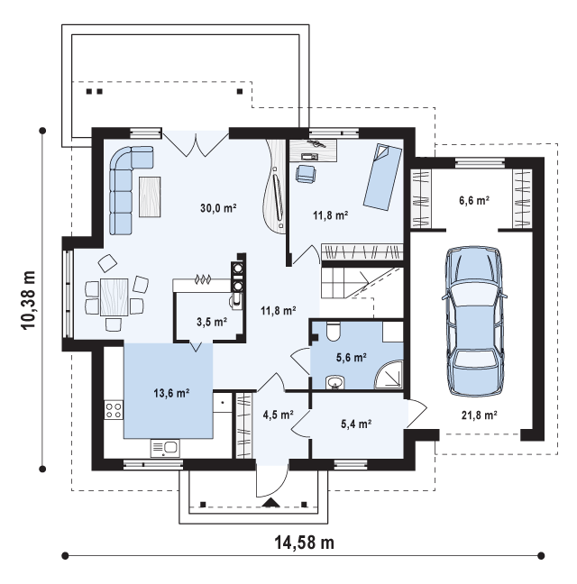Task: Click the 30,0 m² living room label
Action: pos(218,208)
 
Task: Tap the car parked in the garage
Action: pos(474,321)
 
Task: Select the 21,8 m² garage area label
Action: pos(480,415)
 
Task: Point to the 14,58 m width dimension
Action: pos(305,543)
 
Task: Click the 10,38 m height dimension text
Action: pos(28,300)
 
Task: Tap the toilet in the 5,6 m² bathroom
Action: pos(333,331)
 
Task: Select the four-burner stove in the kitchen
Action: pos(114,410)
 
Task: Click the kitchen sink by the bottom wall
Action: pos(165,448)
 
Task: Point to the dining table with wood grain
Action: pos(114,297)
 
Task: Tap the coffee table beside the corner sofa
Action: pos(150,196)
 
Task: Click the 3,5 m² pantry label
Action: pos(212,322)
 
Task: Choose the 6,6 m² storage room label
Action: pos(474,200)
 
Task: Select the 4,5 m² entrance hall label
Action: pos(279,415)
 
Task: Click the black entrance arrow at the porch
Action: pos(270,503)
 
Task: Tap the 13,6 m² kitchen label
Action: pos(171,393)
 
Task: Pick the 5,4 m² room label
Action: pos(356,424)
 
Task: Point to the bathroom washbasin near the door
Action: pos(335,382)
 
